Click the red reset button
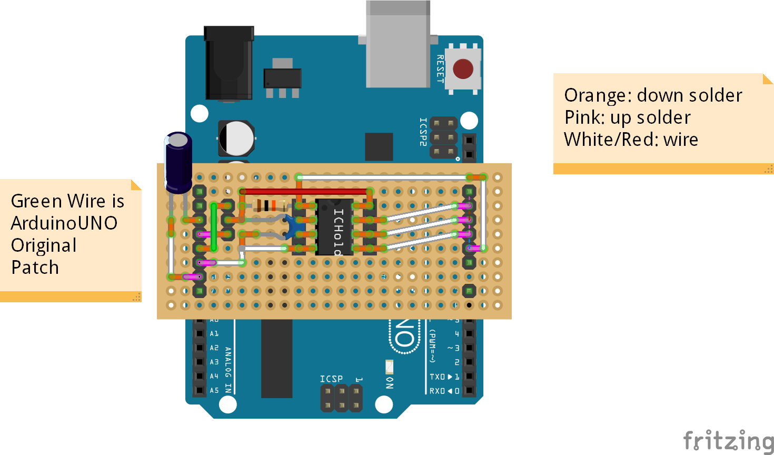pyautogui.click(x=463, y=69)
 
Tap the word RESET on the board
pyautogui.click(x=440, y=69)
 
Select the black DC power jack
pyautogui.click(x=229, y=63)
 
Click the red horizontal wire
pyautogui.click(x=305, y=192)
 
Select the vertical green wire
pyautogui.click(x=213, y=226)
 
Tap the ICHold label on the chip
pyautogui.click(x=338, y=232)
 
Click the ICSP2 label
pyautogui.click(x=423, y=132)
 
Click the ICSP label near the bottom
pyautogui.click(x=331, y=379)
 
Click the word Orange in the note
pyautogui.click(x=597, y=96)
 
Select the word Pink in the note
pyautogui.click(x=583, y=118)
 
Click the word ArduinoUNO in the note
pyautogui.click(x=64, y=223)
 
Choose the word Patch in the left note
pyautogui.click(x=35, y=268)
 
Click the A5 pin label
pyautogui.click(x=214, y=391)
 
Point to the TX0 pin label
pyautogui.click(x=437, y=377)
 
